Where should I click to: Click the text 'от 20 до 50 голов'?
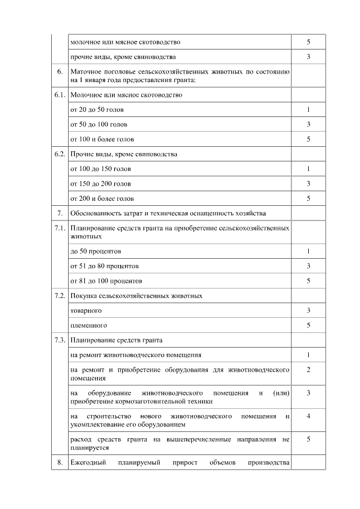point(97,110)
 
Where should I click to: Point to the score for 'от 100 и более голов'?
point(308,139)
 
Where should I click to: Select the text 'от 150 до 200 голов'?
point(100,183)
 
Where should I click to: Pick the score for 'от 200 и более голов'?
point(308,199)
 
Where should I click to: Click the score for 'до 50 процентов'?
point(308,251)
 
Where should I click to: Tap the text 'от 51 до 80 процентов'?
point(104,265)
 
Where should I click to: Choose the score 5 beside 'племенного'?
point(308,325)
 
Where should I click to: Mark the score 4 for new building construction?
point(308,416)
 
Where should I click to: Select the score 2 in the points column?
point(308,370)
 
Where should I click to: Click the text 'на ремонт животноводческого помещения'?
point(136,355)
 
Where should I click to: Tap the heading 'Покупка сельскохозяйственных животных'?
point(136,295)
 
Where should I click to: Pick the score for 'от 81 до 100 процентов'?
point(308,281)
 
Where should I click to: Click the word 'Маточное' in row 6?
point(85,72)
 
